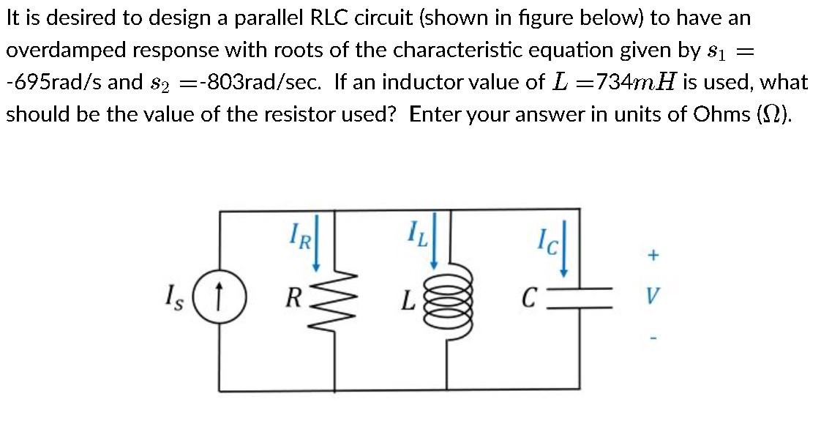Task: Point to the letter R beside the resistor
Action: click(x=293, y=299)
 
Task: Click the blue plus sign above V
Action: click(x=654, y=256)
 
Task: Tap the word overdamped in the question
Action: click(x=59, y=50)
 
